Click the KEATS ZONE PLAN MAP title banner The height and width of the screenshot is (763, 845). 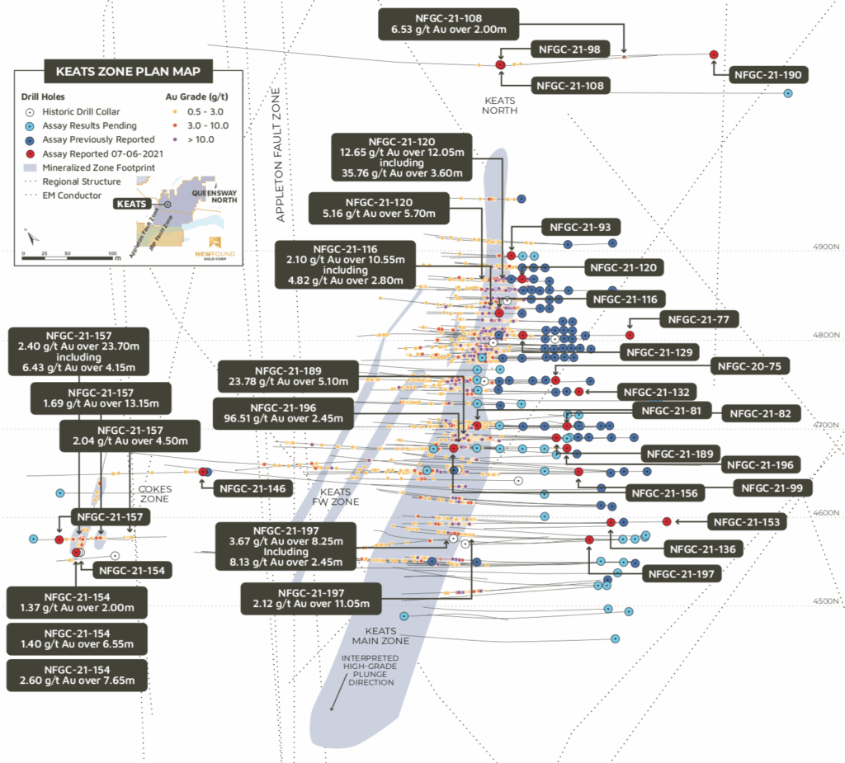click(x=127, y=72)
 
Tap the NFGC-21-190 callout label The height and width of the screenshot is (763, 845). click(x=767, y=75)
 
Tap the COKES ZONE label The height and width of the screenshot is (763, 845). click(x=154, y=494)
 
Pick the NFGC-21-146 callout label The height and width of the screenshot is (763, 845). click(x=253, y=488)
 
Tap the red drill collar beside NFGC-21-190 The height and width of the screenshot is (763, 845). click(x=715, y=54)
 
